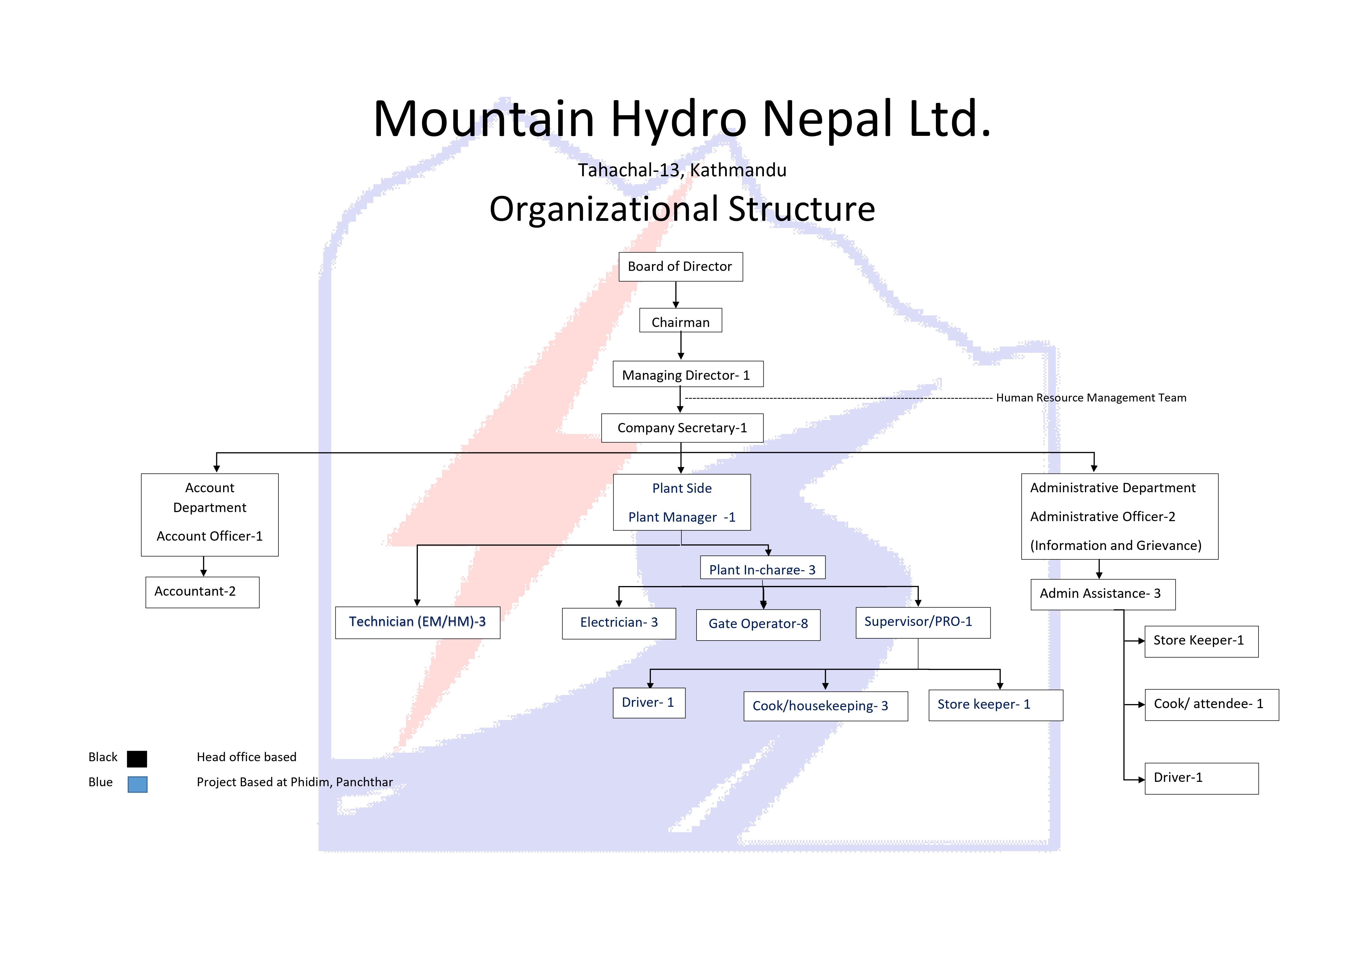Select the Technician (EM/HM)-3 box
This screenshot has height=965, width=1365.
pyautogui.click(x=417, y=622)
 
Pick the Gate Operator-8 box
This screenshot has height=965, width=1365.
pyautogui.click(x=758, y=625)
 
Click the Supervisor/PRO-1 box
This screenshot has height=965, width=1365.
pyautogui.click(x=923, y=622)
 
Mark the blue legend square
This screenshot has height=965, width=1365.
pyautogui.click(x=137, y=784)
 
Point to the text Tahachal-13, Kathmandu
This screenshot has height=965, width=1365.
pyautogui.click(x=682, y=171)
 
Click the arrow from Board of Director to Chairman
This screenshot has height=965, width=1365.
pyautogui.click(x=676, y=295)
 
